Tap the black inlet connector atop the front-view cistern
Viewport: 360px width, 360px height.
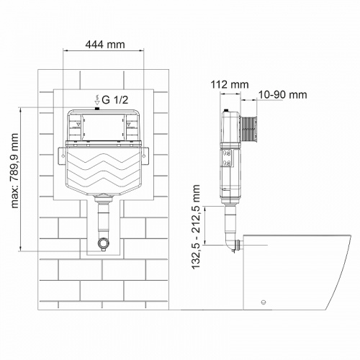click(x=105, y=108)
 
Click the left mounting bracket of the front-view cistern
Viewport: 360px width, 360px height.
click(x=60, y=153)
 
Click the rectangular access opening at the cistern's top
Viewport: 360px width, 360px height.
click(x=104, y=128)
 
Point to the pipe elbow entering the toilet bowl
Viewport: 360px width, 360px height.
click(x=232, y=244)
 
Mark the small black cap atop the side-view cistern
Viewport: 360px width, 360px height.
click(x=227, y=111)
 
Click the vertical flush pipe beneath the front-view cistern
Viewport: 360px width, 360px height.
click(x=104, y=216)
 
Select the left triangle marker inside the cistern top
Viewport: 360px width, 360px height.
click(x=76, y=123)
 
